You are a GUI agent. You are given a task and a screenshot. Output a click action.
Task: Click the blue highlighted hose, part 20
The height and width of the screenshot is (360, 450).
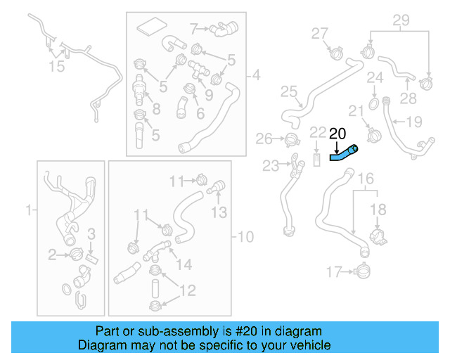click(344, 153)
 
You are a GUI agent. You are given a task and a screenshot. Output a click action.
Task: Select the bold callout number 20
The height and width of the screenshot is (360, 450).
click(337, 133)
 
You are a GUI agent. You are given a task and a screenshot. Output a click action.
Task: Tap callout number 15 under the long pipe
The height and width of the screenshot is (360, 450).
click(56, 66)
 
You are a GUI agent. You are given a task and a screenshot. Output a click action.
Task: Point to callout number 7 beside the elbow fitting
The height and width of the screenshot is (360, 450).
click(194, 29)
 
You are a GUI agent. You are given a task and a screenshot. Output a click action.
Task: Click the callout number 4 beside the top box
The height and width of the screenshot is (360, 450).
click(255, 75)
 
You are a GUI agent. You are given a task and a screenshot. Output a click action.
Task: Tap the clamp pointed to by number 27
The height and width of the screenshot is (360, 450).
click(335, 51)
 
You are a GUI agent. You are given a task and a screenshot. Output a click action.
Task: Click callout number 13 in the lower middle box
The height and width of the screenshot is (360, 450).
click(219, 212)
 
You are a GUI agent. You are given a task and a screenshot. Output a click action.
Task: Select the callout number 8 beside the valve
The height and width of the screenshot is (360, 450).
click(156, 108)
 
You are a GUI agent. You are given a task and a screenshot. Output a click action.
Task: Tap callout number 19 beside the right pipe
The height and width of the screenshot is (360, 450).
click(414, 122)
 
